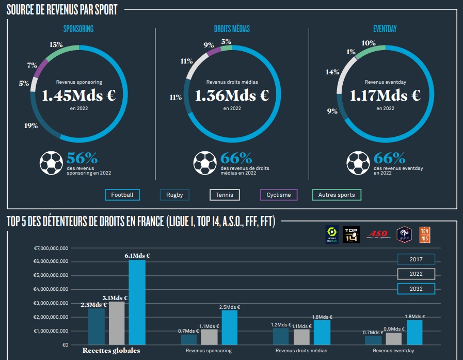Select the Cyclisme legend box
[x=279, y=195]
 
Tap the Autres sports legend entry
[x=337, y=195]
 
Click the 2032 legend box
[x=416, y=289]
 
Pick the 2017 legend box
[x=416, y=259]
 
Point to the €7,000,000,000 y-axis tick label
[x=51, y=248]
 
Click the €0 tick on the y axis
[x=65, y=345]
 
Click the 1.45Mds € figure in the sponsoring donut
[x=78, y=96]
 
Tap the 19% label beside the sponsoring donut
[x=31, y=126]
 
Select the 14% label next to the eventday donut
[x=332, y=72]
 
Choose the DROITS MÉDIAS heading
[x=232, y=29]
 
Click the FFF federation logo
[x=404, y=234]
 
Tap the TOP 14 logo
[x=352, y=234]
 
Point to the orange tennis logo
[x=425, y=234]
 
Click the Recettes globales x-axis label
[x=111, y=351]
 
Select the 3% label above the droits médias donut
[x=226, y=41]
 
